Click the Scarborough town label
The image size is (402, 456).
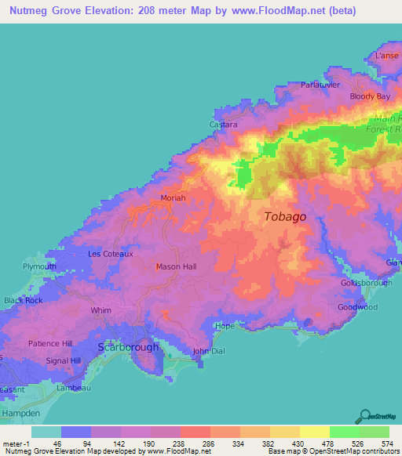point(127,346)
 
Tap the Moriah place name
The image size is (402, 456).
point(173,198)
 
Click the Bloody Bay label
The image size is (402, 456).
point(370,96)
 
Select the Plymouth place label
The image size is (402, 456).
point(39,266)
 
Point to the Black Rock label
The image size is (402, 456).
point(23,300)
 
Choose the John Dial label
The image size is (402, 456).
point(209,351)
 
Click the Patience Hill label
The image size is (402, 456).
point(50,343)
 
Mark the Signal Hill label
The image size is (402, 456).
point(64,360)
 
